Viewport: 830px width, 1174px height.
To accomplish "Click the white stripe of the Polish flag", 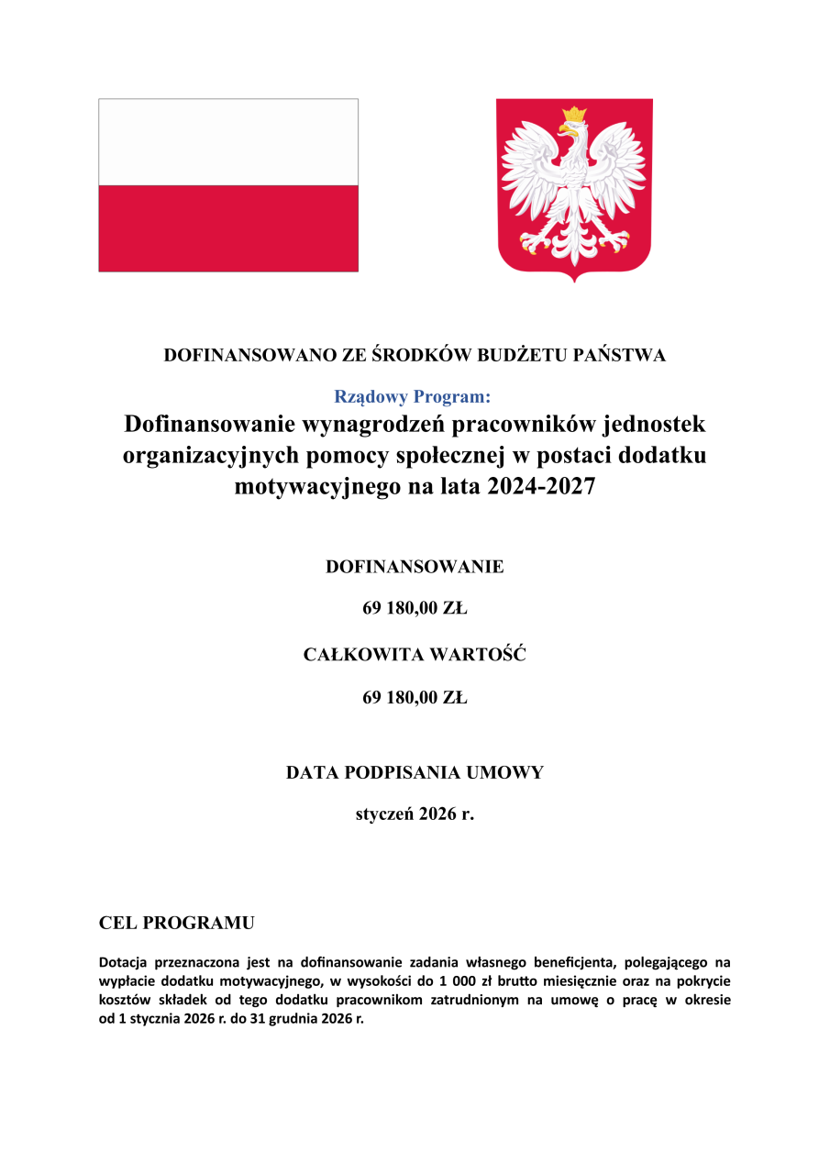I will pyautogui.click(x=227, y=142).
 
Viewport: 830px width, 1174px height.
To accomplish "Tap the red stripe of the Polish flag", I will pyautogui.click(x=227, y=227).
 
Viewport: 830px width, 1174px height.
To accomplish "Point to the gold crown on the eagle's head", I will pyautogui.click(x=575, y=116).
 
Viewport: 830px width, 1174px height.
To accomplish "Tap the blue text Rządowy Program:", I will pyautogui.click(x=413, y=397).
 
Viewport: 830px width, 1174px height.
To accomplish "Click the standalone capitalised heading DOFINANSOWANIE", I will pyautogui.click(x=415, y=567).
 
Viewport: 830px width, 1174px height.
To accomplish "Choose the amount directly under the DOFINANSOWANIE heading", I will pyautogui.click(x=415, y=609).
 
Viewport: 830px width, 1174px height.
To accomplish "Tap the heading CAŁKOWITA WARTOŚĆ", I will pyautogui.click(x=415, y=655).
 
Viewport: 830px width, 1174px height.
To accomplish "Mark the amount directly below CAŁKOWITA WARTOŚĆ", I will pyautogui.click(x=415, y=698).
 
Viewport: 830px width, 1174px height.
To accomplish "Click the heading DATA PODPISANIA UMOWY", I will pyautogui.click(x=415, y=772).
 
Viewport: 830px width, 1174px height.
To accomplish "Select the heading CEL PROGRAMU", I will pyautogui.click(x=177, y=923).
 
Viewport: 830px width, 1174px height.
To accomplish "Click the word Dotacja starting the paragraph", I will pyautogui.click(x=124, y=963).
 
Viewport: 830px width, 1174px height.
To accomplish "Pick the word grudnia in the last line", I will pyautogui.click(x=276, y=1019).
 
